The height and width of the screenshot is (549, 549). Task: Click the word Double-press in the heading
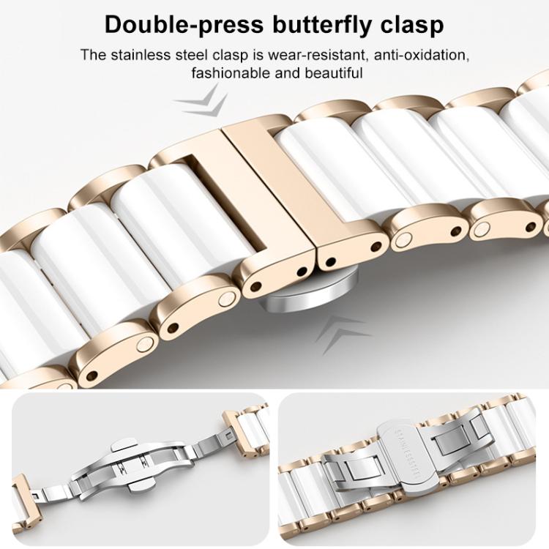coord(184,25)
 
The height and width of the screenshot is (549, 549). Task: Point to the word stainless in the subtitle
coord(141,55)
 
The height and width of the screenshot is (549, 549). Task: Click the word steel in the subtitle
coord(192,55)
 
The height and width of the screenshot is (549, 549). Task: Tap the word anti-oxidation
coord(422,56)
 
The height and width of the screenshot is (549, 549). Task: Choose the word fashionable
coord(231,73)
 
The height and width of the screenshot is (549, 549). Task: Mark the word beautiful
coord(333,73)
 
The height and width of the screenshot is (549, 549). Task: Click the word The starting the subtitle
coord(94,55)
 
